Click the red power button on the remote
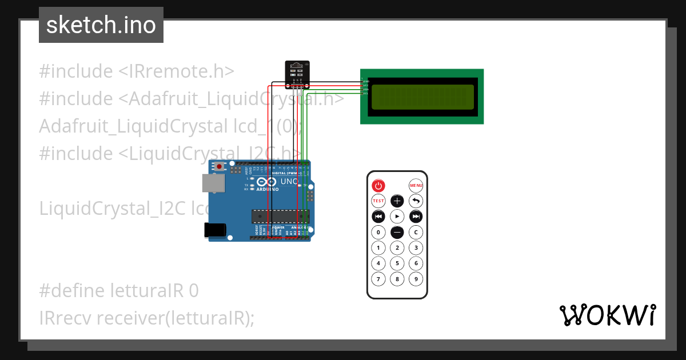coord(378,185)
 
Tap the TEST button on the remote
coord(378,201)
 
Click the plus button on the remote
coord(397,201)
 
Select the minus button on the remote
coord(397,232)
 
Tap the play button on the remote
coord(397,217)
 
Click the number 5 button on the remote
coord(397,263)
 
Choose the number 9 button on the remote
coord(416,279)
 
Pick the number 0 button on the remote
coord(378,232)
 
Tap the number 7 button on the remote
coord(378,279)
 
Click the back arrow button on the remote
coord(416,201)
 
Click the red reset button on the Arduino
coord(220,167)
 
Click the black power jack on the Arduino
coord(215,229)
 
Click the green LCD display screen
coord(422,97)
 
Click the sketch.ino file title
coord(101,25)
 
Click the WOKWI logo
coord(607,315)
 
